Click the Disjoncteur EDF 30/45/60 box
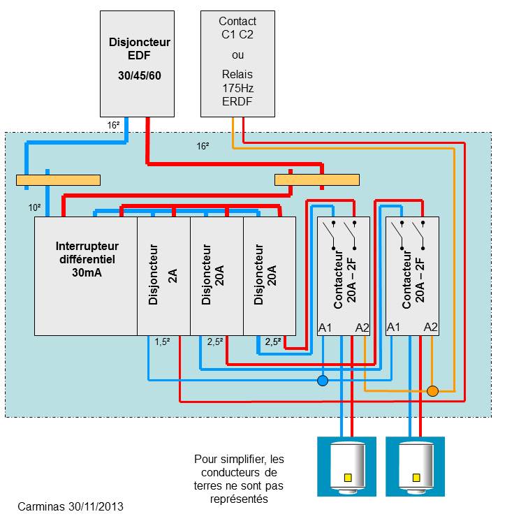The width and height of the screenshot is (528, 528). (140, 63)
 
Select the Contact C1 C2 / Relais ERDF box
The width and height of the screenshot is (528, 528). (237, 63)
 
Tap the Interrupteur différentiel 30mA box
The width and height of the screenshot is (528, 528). (87, 276)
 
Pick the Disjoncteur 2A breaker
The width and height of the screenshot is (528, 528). (163, 276)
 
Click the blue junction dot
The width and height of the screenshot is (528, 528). (323, 381)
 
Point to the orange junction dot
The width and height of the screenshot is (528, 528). (432, 391)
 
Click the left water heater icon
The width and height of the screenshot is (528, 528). (346, 467)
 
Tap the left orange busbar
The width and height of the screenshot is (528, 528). (58, 180)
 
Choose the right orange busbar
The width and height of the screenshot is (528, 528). (317, 180)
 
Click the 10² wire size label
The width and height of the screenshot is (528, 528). (34, 208)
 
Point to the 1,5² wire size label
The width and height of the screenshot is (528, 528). (162, 342)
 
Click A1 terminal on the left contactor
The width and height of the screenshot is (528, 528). (325, 328)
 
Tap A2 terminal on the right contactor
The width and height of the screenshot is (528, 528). (431, 328)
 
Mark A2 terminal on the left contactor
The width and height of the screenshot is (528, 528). (362, 328)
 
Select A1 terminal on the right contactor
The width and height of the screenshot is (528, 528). (394, 328)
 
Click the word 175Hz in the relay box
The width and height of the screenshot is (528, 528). (237, 87)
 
